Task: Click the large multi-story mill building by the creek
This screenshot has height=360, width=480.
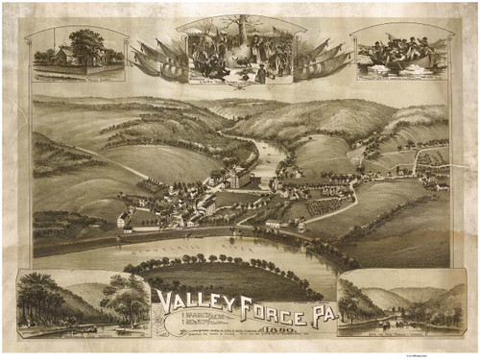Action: coord(238,178)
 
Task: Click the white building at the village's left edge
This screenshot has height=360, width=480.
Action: coord(124,219)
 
